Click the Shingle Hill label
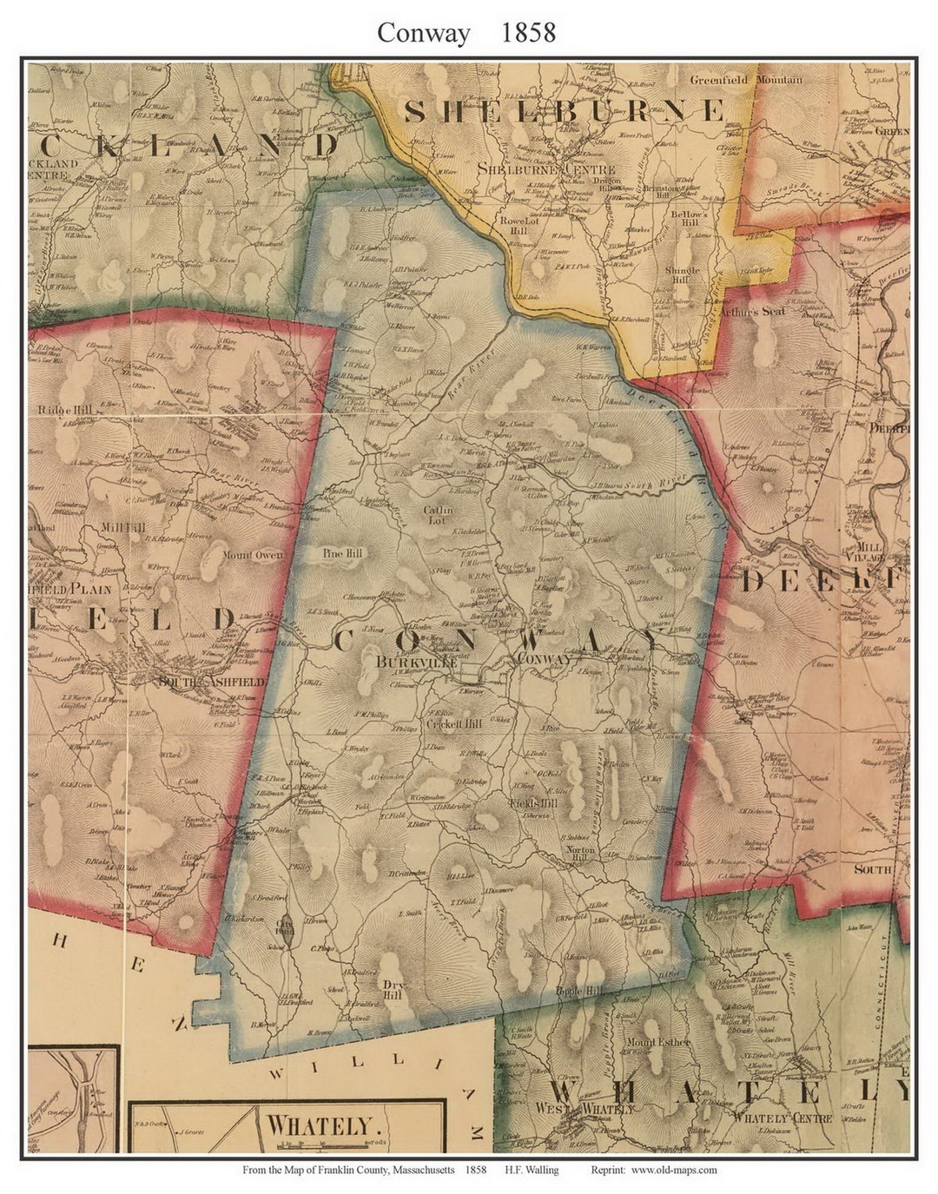pyautogui.click(x=683, y=276)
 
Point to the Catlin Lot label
pyautogui.click(x=438, y=516)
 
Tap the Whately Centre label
pyautogui.click(x=783, y=1118)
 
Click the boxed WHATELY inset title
pyautogui.click(x=318, y=1125)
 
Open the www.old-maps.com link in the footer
pyautogui.click(x=674, y=1170)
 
